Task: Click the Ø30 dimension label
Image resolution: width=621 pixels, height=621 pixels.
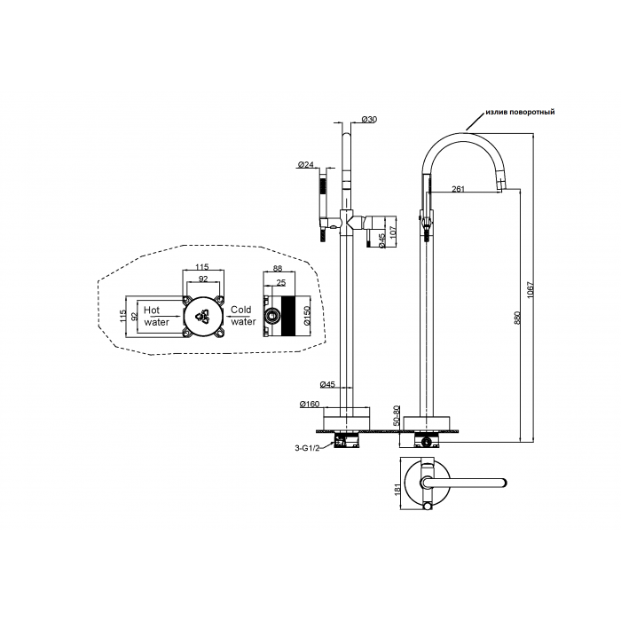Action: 369,119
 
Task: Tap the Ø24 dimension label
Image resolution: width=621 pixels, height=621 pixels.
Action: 305,164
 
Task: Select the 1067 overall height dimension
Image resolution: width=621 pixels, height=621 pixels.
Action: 531,290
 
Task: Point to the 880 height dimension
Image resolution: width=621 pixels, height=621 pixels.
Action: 517,318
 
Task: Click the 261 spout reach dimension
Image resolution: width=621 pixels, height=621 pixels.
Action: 458,189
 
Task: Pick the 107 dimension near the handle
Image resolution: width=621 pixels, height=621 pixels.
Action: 392,232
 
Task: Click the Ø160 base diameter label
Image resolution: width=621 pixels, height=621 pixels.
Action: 310,405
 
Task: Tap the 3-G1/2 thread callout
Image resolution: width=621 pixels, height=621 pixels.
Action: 307,448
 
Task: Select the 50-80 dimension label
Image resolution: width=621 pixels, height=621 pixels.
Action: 397,416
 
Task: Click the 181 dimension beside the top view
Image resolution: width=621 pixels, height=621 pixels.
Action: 397,488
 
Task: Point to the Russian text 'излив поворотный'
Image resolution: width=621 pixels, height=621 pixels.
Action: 520,112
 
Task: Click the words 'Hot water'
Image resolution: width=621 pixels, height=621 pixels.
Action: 156,316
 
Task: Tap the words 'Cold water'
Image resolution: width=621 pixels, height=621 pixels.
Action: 243,316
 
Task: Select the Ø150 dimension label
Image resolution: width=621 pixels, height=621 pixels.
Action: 308,316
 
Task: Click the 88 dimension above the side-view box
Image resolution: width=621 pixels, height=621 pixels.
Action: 278,268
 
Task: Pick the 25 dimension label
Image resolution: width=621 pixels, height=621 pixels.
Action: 281,283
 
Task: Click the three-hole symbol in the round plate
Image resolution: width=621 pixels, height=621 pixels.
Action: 203,317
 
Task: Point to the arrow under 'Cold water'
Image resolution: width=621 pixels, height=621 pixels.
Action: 238,317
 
